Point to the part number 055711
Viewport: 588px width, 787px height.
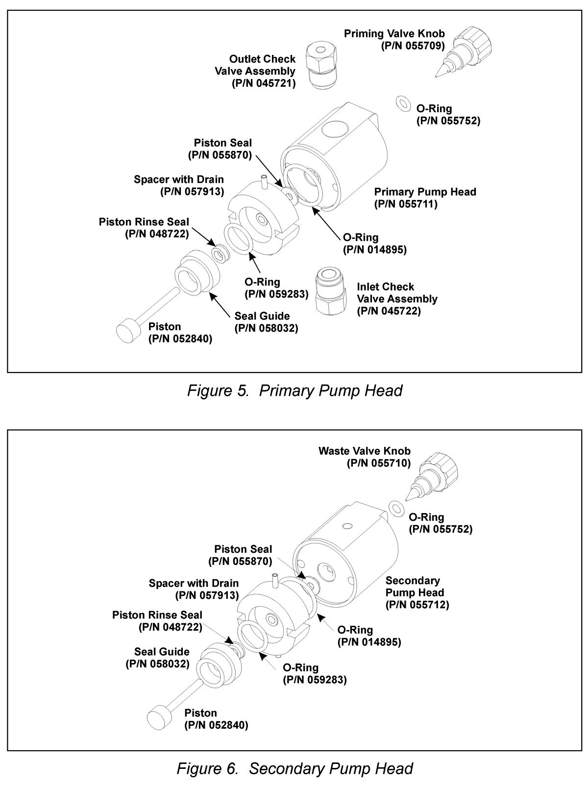click(x=406, y=204)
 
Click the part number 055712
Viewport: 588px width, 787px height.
click(x=417, y=605)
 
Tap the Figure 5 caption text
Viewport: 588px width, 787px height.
click(x=294, y=391)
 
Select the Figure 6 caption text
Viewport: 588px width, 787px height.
click(x=294, y=768)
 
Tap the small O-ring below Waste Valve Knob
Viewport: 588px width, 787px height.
click(x=395, y=506)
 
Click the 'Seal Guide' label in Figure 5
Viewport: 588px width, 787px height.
click(x=262, y=316)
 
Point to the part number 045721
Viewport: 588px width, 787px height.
click(x=264, y=83)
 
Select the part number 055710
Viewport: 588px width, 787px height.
click(x=379, y=463)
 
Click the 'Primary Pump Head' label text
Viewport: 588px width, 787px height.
click(x=425, y=192)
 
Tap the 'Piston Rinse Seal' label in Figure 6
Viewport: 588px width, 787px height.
click(x=157, y=615)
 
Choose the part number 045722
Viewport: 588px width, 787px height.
click(x=389, y=311)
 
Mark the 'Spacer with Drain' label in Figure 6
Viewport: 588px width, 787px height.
click(x=194, y=583)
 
